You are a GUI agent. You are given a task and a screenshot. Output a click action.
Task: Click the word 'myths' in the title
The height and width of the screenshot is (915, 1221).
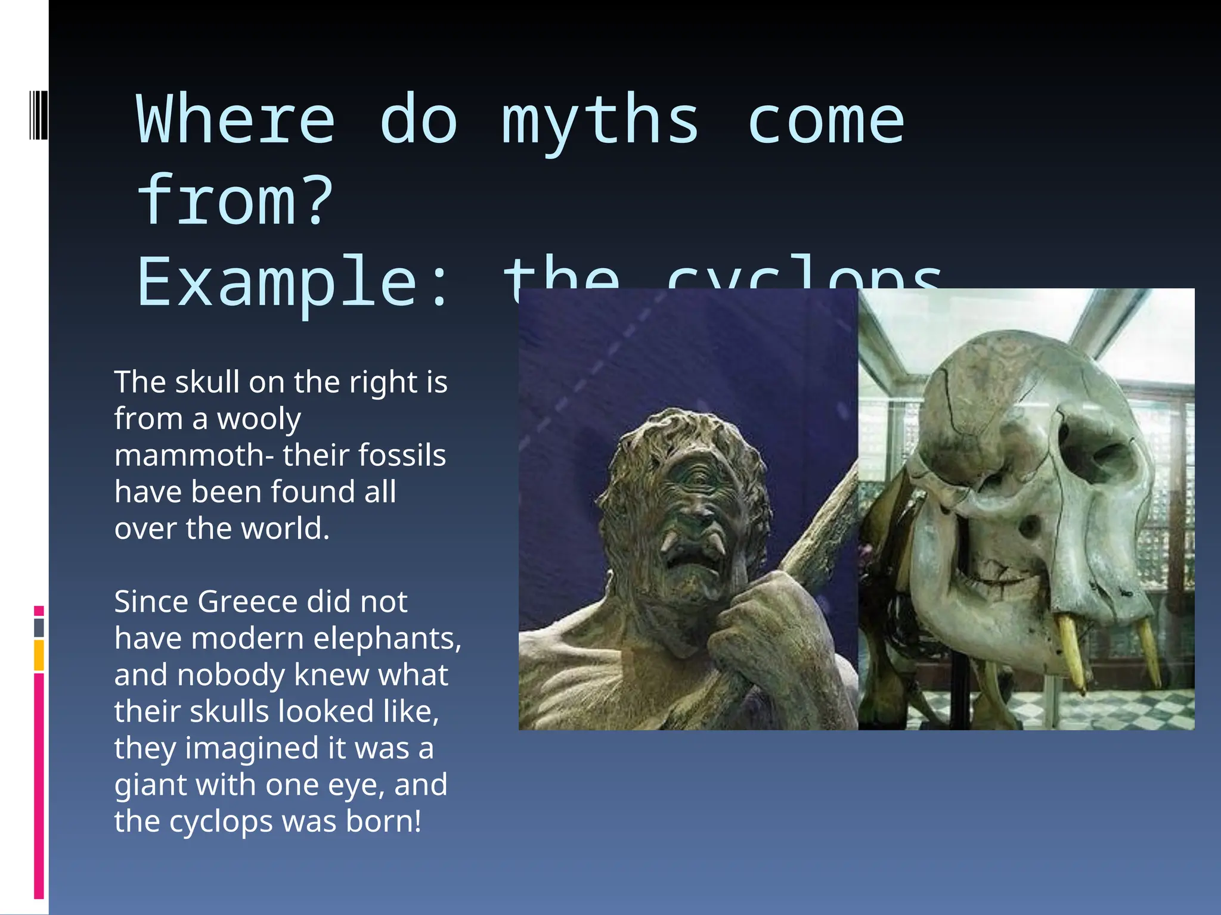[x=600, y=121]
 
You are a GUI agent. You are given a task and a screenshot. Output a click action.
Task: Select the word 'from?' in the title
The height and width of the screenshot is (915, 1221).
[x=235, y=201]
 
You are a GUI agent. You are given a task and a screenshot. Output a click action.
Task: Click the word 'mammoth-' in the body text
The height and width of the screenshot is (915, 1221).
[x=194, y=456]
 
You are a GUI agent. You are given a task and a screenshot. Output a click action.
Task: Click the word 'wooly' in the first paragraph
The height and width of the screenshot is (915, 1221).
[x=259, y=419]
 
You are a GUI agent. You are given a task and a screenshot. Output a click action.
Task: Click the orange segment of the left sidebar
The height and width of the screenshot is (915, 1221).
[x=39, y=655]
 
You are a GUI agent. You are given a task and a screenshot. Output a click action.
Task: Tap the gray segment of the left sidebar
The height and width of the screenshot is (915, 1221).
[x=39, y=627]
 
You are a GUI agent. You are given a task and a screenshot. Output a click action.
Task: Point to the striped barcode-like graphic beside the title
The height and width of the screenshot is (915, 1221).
[x=38, y=114]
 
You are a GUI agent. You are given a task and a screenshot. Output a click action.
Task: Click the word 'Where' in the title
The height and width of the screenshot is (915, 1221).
[x=235, y=121]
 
